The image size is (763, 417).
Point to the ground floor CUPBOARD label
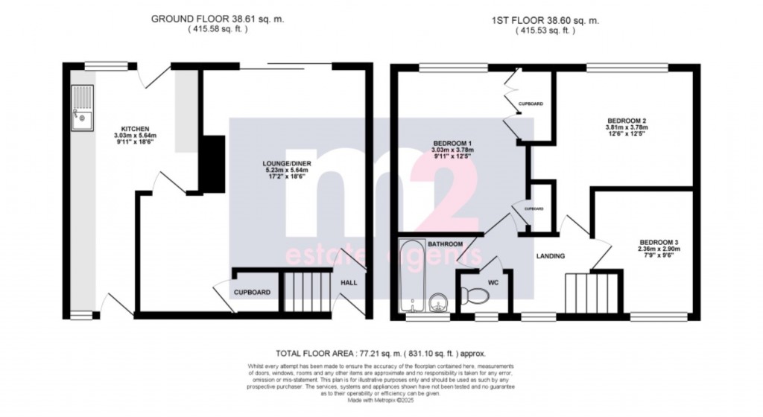[x=252, y=293]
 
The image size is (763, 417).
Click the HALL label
[x=349, y=283]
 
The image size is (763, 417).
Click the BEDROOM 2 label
[x=621, y=121]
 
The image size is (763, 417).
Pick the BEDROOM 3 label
[x=658, y=243]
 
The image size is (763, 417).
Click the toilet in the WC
[x=475, y=296]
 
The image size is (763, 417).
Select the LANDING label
[x=550, y=256]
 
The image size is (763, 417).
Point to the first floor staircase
[x=593, y=291]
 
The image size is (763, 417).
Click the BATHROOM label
[x=445, y=244]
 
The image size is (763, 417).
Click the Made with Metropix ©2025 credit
[x=381, y=401]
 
